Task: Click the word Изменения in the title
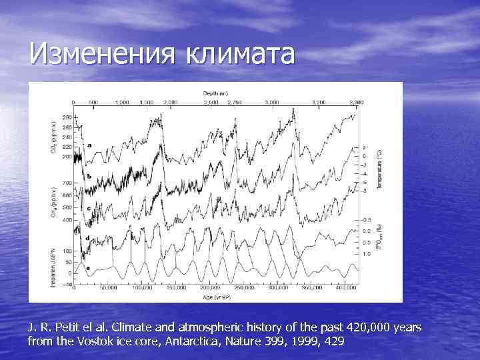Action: pos(93,54)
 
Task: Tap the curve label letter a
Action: pos(89,145)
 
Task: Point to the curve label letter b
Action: pos(89,175)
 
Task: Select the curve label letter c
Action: pos(89,207)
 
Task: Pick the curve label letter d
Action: pos(89,237)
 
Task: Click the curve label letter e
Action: pos(89,267)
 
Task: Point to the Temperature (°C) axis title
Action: pos(379,167)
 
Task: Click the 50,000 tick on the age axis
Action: pos(108,290)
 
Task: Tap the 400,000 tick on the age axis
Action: pos(345,290)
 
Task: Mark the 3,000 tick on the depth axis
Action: pos(272,102)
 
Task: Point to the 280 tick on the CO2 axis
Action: pos(67,117)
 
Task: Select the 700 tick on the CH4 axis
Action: pos(67,183)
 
